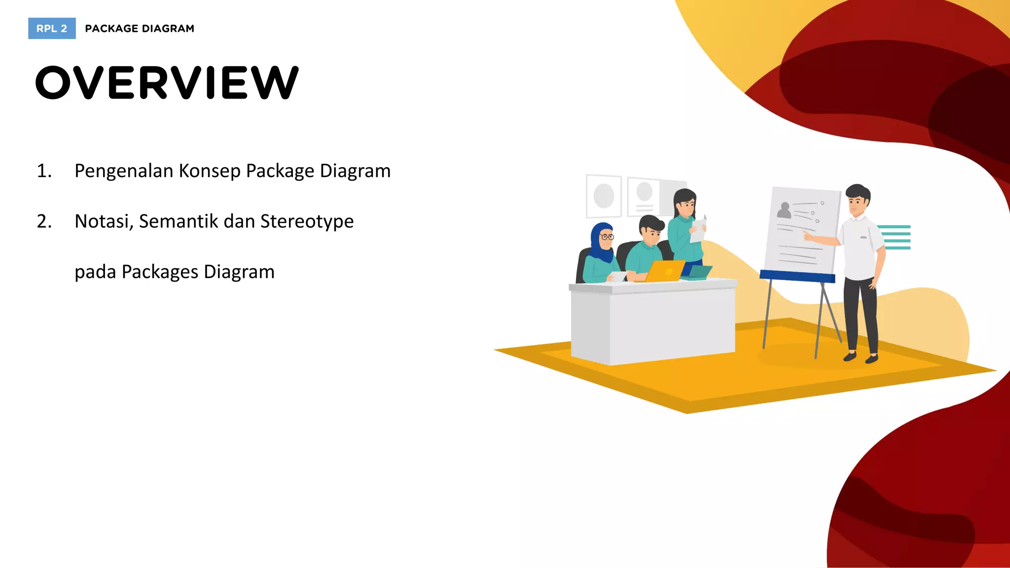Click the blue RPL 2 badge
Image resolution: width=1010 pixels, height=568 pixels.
tap(52, 29)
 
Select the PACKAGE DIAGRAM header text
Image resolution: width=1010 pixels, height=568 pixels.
tap(140, 29)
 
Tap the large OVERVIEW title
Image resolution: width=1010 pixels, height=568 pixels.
tap(167, 83)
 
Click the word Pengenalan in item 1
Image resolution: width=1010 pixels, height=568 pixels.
tap(124, 171)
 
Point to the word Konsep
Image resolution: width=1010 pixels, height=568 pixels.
tap(210, 171)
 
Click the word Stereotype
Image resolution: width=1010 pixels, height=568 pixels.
tap(307, 221)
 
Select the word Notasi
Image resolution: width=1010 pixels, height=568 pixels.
tap(104, 221)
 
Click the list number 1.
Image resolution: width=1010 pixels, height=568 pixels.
tap(44, 171)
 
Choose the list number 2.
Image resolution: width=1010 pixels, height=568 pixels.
tap(44, 221)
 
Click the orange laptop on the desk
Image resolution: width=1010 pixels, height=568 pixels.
tap(665, 271)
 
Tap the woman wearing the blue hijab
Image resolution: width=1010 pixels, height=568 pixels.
tap(602, 251)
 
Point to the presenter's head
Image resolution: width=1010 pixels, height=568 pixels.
tap(858, 200)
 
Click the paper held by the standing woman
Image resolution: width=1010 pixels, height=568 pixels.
tap(698, 230)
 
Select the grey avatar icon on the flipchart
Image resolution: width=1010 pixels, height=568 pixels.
tap(784, 211)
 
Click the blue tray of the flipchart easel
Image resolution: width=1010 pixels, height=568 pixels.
tap(797, 277)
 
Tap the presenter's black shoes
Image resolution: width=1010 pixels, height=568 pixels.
tap(861, 357)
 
